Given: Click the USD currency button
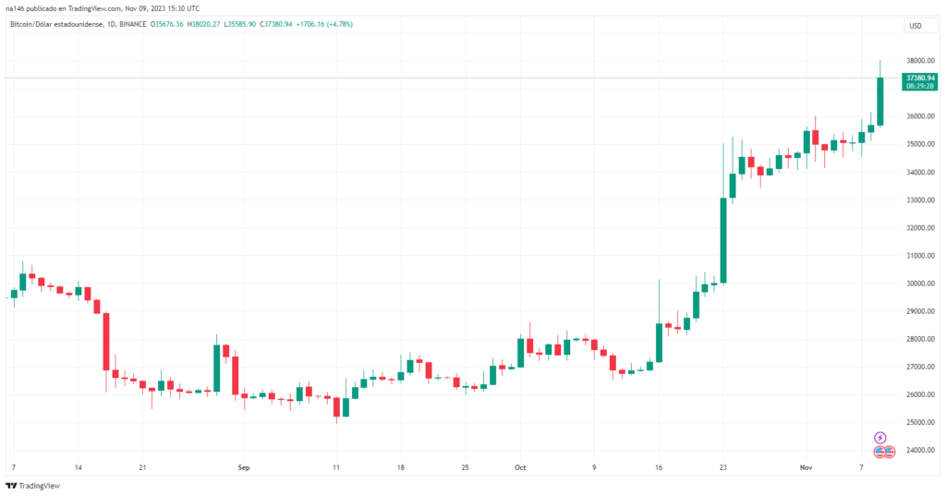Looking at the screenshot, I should [915, 26].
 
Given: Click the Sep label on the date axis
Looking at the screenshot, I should [244, 468].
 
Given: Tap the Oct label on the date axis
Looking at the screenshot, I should [520, 468].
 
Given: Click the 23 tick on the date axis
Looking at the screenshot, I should [723, 468].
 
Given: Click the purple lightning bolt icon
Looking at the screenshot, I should [879, 437].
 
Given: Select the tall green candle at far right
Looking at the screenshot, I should [880, 102].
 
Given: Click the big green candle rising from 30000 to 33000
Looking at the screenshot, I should [723, 240].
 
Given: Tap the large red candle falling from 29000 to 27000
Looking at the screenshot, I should [106, 342].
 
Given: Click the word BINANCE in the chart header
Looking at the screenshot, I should [133, 24].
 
